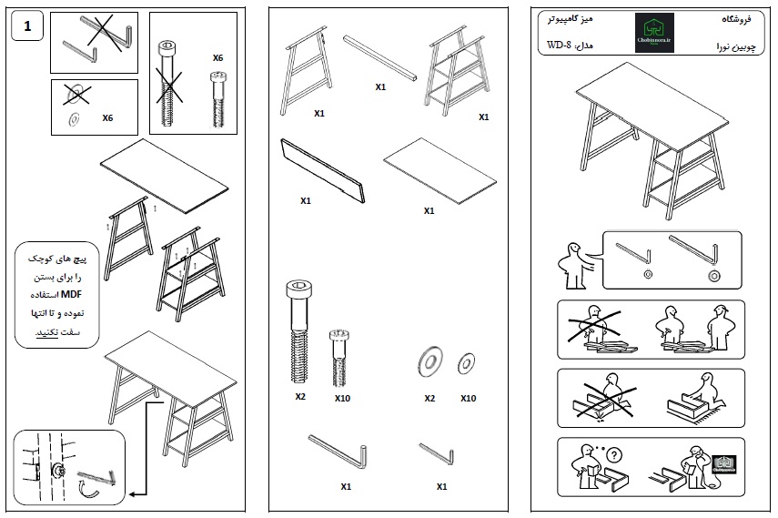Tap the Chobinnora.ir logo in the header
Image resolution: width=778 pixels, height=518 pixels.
click(x=653, y=33)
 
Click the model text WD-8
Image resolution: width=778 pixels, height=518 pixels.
click(x=559, y=46)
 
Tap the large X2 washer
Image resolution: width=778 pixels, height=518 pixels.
click(x=429, y=361)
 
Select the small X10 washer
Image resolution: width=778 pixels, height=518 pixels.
click(x=468, y=363)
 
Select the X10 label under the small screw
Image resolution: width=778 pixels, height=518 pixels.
click(x=342, y=399)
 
